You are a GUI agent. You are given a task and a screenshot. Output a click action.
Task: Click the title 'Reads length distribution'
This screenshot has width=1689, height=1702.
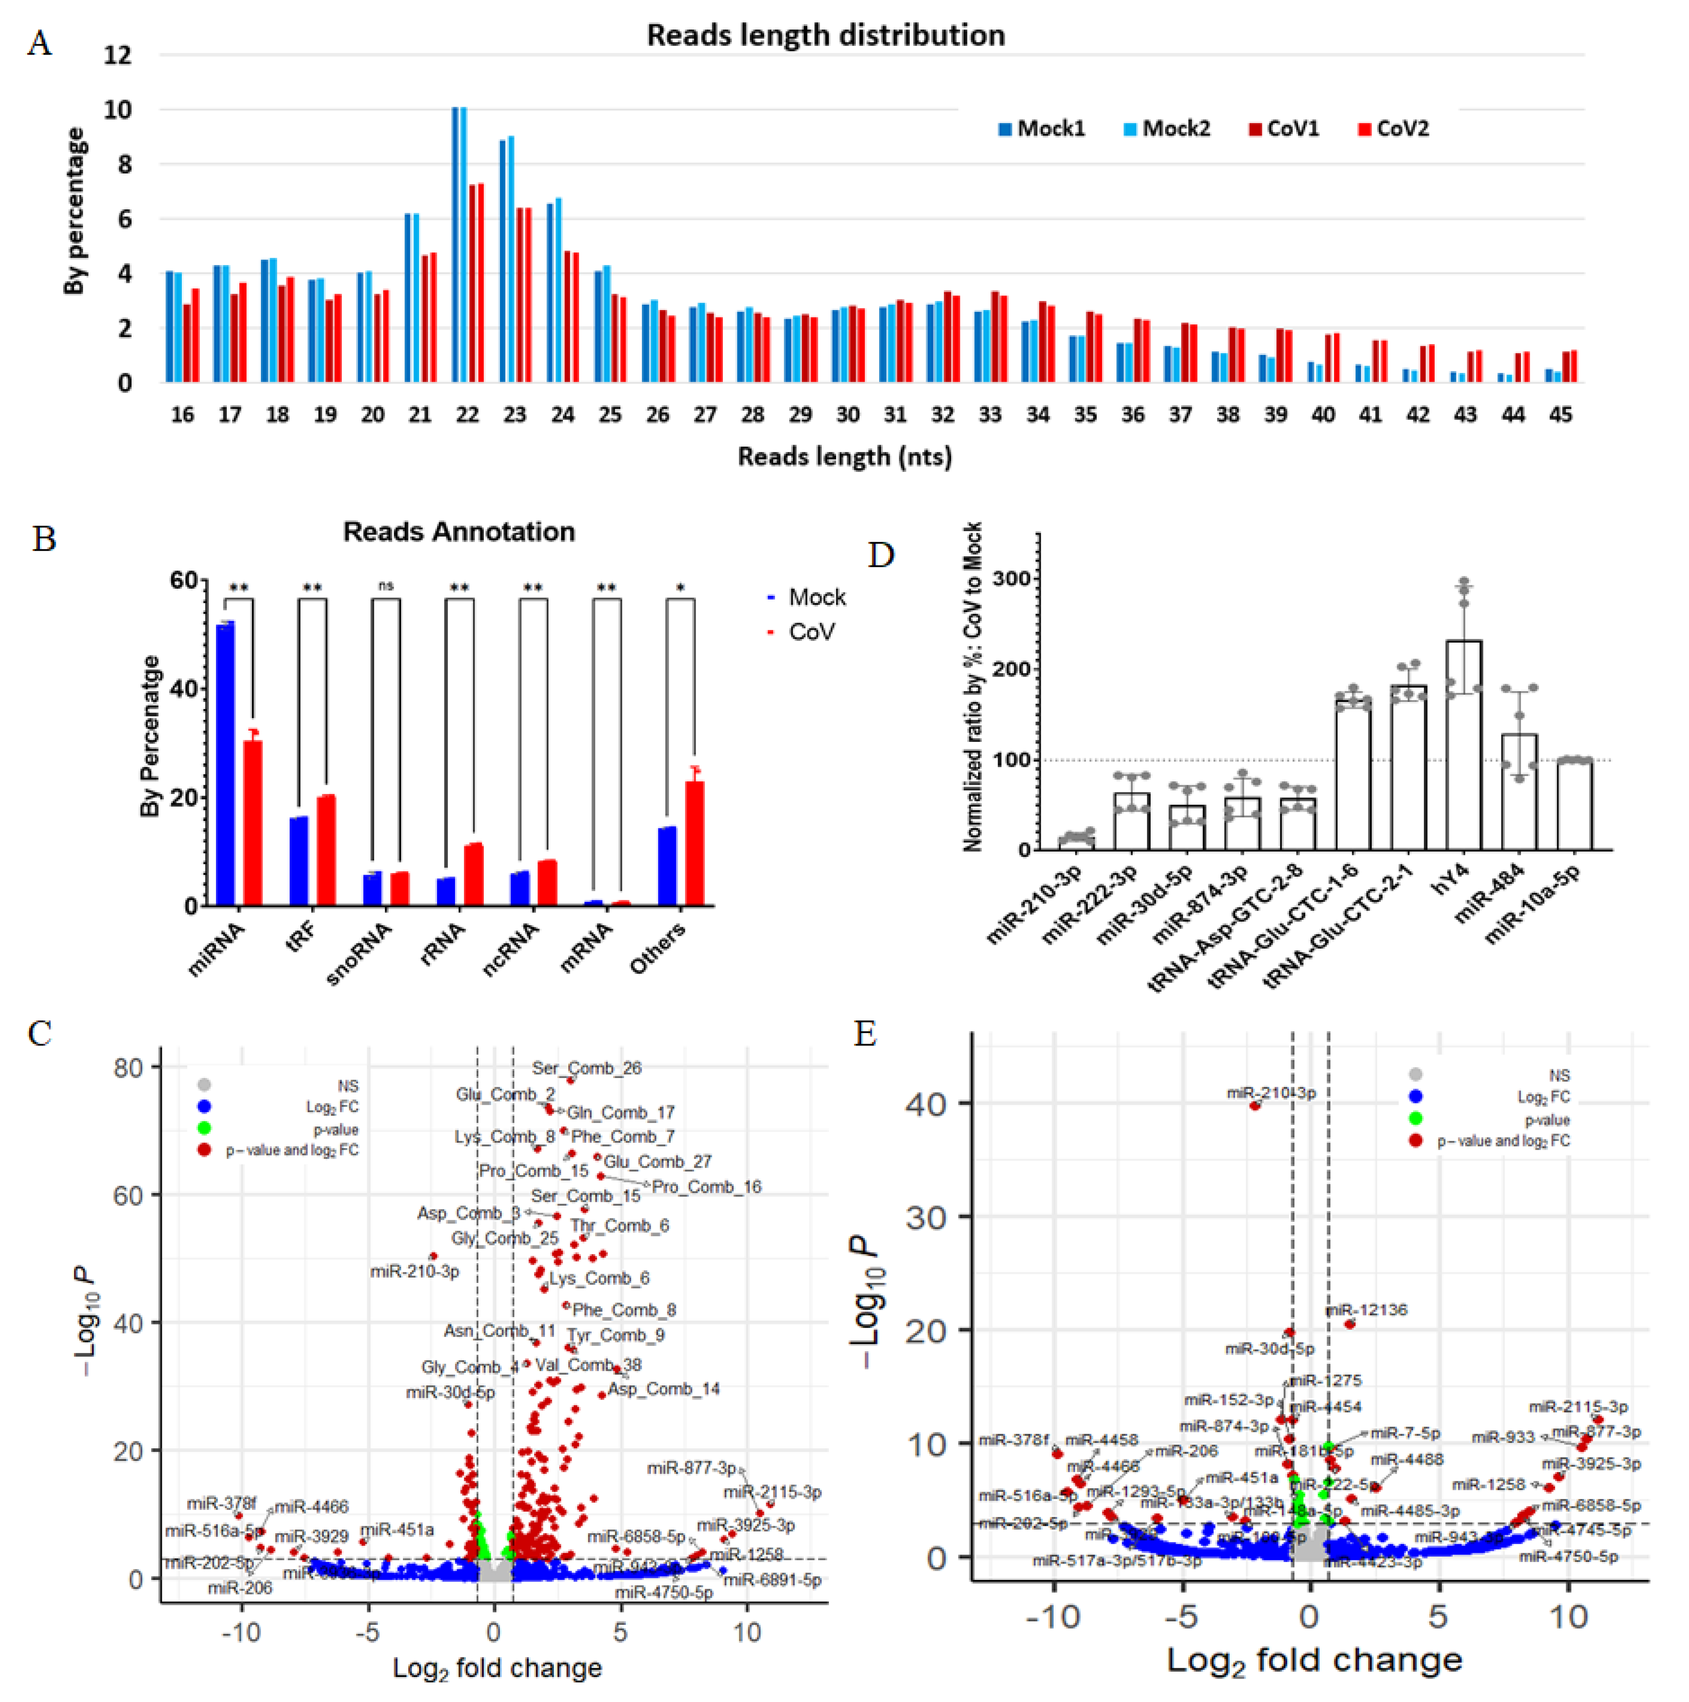(x=825, y=35)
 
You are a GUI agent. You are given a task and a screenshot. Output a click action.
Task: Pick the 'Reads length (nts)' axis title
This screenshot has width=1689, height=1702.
(x=844, y=456)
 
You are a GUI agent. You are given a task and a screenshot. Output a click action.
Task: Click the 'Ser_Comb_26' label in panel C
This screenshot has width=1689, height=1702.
(x=587, y=1068)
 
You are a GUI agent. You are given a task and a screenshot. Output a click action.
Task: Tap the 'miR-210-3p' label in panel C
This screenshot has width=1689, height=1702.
(x=415, y=1271)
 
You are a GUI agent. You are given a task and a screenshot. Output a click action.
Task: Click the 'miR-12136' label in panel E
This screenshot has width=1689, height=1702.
(x=1367, y=1310)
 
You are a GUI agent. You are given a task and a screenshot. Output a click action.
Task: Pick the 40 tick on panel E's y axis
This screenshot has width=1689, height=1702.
(x=925, y=1104)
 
